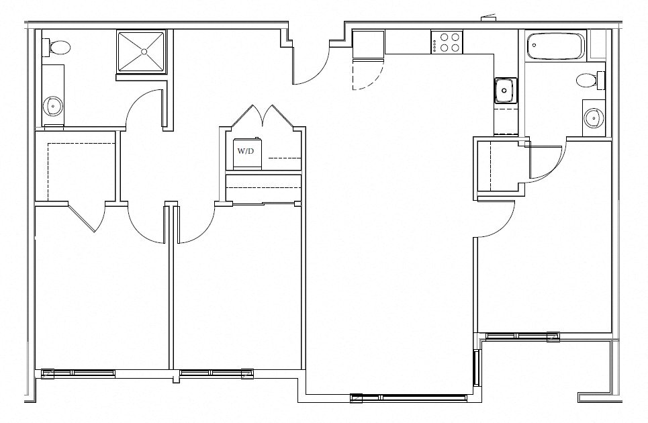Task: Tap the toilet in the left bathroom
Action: pyautogui.click(x=59, y=48)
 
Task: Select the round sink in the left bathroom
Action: pyautogui.click(x=52, y=106)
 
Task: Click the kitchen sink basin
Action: pyautogui.click(x=504, y=89)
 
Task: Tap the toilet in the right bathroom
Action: pyautogui.click(x=590, y=81)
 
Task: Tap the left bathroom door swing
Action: pyautogui.click(x=142, y=107)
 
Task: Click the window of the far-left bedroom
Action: pyautogui.click(x=79, y=373)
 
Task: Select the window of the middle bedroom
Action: pyautogui.click(x=216, y=373)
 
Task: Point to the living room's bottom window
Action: pyautogui.click(x=408, y=397)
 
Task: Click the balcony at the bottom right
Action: pyautogui.click(x=547, y=369)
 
